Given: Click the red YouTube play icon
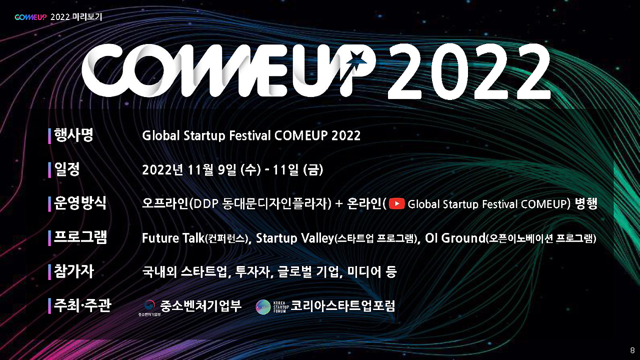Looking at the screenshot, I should (396, 204).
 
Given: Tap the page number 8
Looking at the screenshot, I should (632, 349).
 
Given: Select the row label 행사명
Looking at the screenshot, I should (73, 135).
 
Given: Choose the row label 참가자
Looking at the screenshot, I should (73, 271).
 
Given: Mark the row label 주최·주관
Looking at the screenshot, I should (82, 305).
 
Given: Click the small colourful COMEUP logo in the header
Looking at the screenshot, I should (31, 17).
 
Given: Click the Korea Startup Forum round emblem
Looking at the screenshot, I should (263, 307).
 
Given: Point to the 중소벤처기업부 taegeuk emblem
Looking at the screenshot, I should (149, 304).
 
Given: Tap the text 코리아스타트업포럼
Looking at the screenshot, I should (342, 306).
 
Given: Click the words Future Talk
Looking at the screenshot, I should (173, 238).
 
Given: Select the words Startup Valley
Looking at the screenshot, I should (294, 238).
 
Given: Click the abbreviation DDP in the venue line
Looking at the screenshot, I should (203, 204).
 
